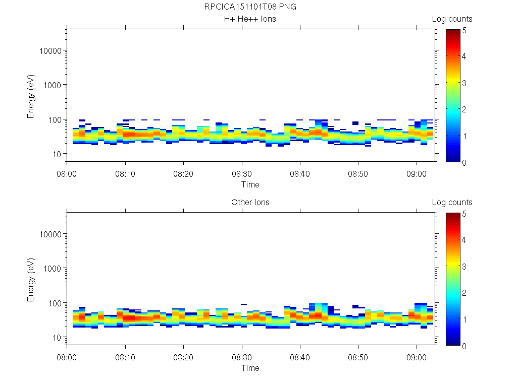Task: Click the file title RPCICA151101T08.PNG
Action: (x=250, y=7)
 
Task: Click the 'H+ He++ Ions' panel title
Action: (x=250, y=19)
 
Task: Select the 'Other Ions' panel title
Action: (x=250, y=203)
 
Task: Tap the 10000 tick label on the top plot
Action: (x=50, y=51)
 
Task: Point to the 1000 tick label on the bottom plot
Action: (x=53, y=269)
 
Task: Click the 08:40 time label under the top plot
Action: (x=300, y=173)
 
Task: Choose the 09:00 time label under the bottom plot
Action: (x=416, y=356)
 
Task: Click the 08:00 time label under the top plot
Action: (x=67, y=173)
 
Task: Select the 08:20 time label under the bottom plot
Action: (x=183, y=356)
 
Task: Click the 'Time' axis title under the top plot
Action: (x=250, y=184)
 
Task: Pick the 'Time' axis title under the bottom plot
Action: (x=250, y=368)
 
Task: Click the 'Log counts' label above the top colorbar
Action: (x=452, y=19)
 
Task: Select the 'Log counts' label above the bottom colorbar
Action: (x=452, y=203)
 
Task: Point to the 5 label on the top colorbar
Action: (x=464, y=30)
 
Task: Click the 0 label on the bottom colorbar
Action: (x=464, y=346)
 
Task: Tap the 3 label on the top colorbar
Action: (x=464, y=83)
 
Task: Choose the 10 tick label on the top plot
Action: (x=56, y=154)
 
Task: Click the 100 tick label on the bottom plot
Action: (x=54, y=303)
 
